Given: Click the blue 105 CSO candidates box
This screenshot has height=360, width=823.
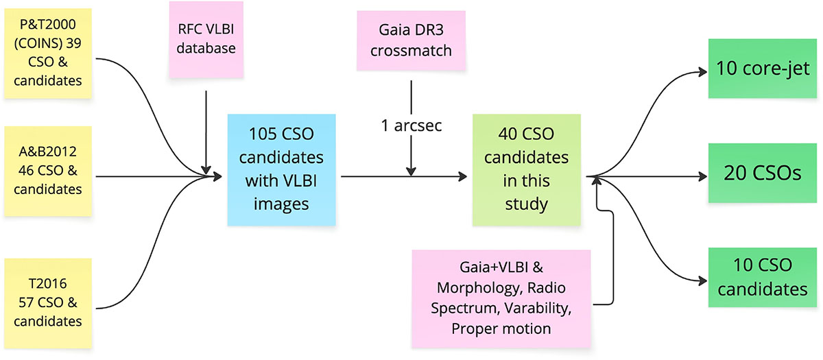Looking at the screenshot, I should [x=282, y=170].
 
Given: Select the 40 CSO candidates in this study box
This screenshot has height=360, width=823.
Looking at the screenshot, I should [x=526, y=170].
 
